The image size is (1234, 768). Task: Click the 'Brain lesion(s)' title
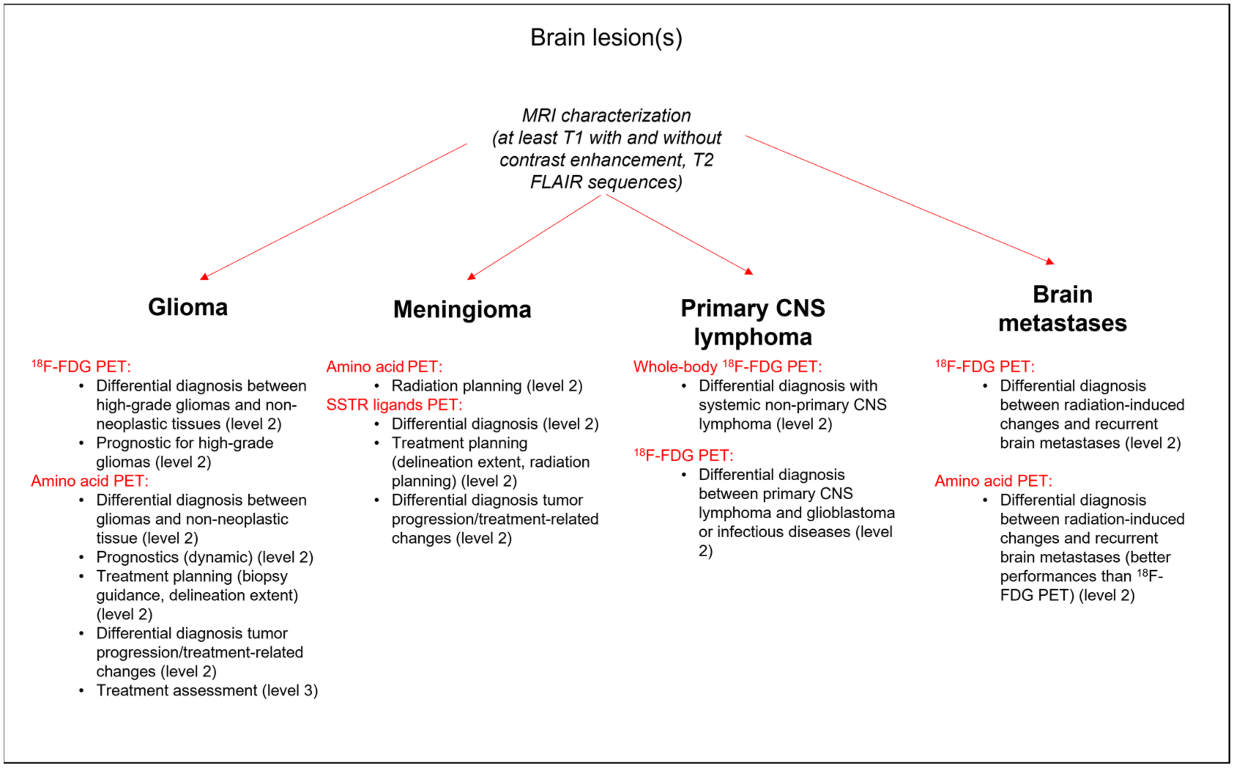[x=606, y=38]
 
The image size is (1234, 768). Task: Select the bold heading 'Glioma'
[x=188, y=307]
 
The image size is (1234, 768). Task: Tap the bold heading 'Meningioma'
[x=462, y=309]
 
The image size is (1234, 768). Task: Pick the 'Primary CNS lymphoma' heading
[x=753, y=322]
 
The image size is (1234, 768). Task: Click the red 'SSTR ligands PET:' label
[x=394, y=405]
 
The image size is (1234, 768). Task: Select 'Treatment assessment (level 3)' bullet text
[x=207, y=690]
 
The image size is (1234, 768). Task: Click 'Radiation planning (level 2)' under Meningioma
[x=487, y=386]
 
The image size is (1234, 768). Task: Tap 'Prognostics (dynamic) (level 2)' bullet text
[x=205, y=557]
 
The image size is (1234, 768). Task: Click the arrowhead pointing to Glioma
[x=204, y=277]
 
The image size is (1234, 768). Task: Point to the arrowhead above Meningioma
[x=472, y=276]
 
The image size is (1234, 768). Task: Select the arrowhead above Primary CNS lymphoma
[x=749, y=271]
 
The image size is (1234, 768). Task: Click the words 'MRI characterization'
[x=606, y=116]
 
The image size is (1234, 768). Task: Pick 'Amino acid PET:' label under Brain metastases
[x=993, y=481]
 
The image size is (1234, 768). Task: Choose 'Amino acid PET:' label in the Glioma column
[x=89, y=481]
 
